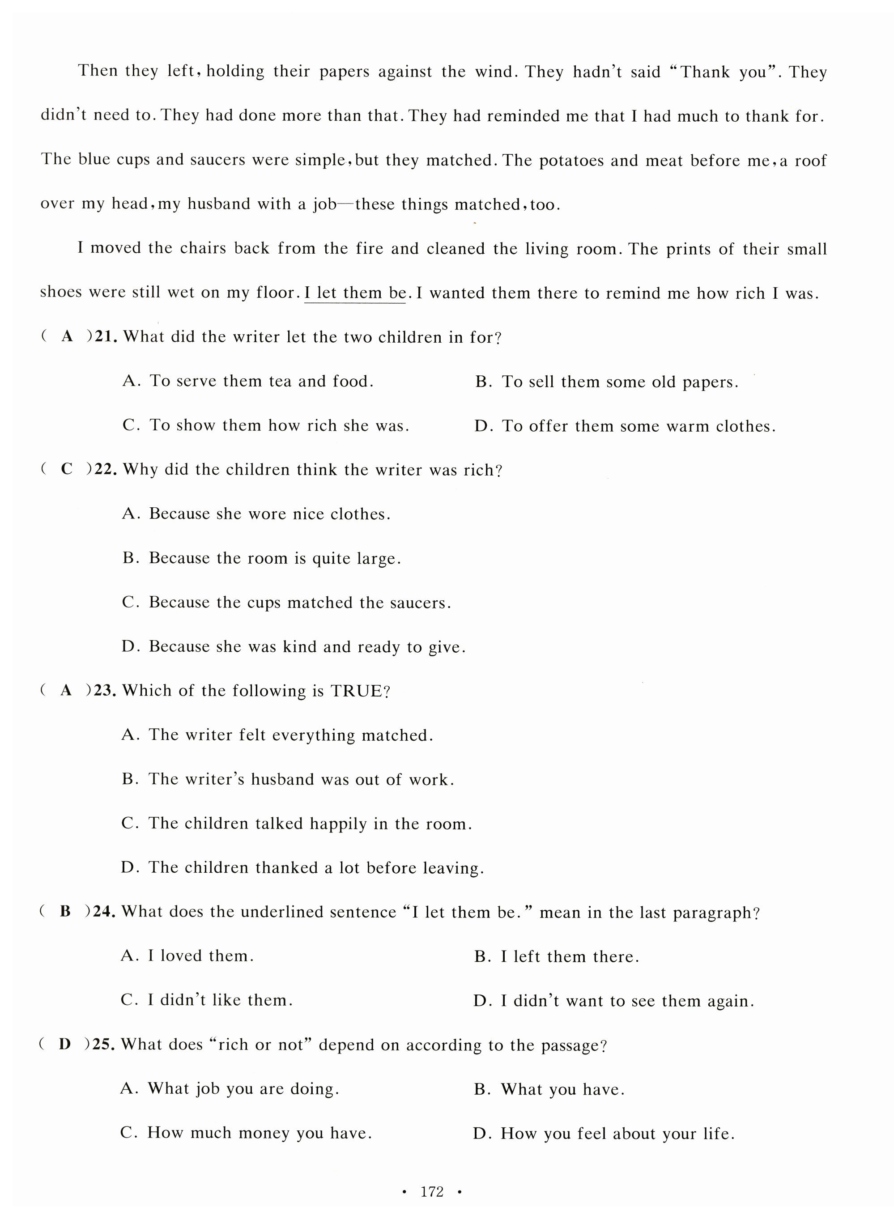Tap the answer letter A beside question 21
tap(67, 336)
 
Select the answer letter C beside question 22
tap(67, 469)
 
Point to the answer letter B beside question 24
tap(65, 912)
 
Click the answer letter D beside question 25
tap(64, 1044)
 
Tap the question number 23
tap(106, 691)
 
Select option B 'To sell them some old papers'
tap(606, 382)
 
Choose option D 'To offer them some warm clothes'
tap(625, 426)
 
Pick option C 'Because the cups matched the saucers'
tap(286, 603)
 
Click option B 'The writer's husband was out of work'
tap(287, 779)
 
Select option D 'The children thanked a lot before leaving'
tap(302, 868)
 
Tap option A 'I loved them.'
tap(187, 956)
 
